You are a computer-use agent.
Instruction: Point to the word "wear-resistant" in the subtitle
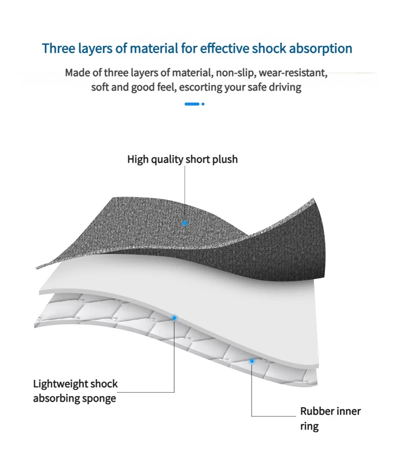tap(293, 73)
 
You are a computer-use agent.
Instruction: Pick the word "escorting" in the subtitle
tap(206, 88)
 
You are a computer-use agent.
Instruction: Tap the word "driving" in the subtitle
tap(285, 88)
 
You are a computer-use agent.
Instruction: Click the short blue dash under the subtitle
tap(192, 104)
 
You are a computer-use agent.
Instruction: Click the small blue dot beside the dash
tap(203, 104)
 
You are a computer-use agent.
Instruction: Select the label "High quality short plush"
tap(183, 159)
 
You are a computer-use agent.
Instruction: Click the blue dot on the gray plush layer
tap(185, 223)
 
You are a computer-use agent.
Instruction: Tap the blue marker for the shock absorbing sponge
tap(174, 317)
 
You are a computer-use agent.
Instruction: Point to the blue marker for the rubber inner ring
tap(252, 361)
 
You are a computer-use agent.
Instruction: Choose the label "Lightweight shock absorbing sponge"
tap(76, 391)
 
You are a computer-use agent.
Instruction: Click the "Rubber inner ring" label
tap(330, 419)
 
